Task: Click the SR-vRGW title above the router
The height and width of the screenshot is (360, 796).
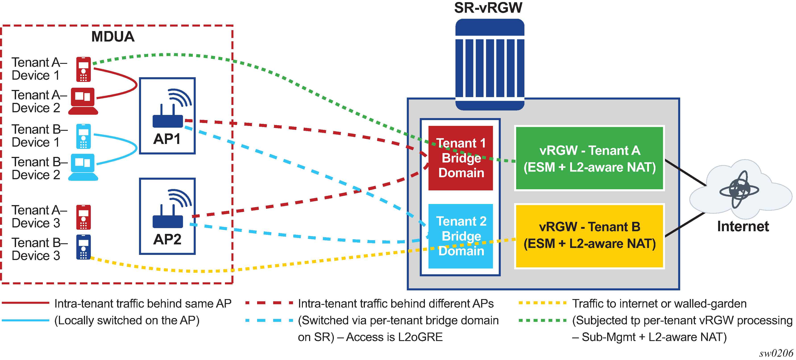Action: click(x=488, y=8)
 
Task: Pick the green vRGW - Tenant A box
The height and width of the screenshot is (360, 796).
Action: click(x=590, y=158)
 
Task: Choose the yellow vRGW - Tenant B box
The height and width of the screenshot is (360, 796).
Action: click(x=590, y=236)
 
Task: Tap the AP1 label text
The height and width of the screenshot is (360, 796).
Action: click(x=167, y=139)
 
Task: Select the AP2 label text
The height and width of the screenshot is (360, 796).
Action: click(x=167, y=239)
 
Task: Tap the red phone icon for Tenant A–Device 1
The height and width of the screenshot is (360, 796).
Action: click(x=83, y=69)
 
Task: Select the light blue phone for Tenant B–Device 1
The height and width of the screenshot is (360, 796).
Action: click(x=83, y=136)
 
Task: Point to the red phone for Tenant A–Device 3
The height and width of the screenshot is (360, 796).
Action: click(x=83, y=217)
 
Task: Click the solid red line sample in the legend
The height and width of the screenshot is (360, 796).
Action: click(x=25, y=303)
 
